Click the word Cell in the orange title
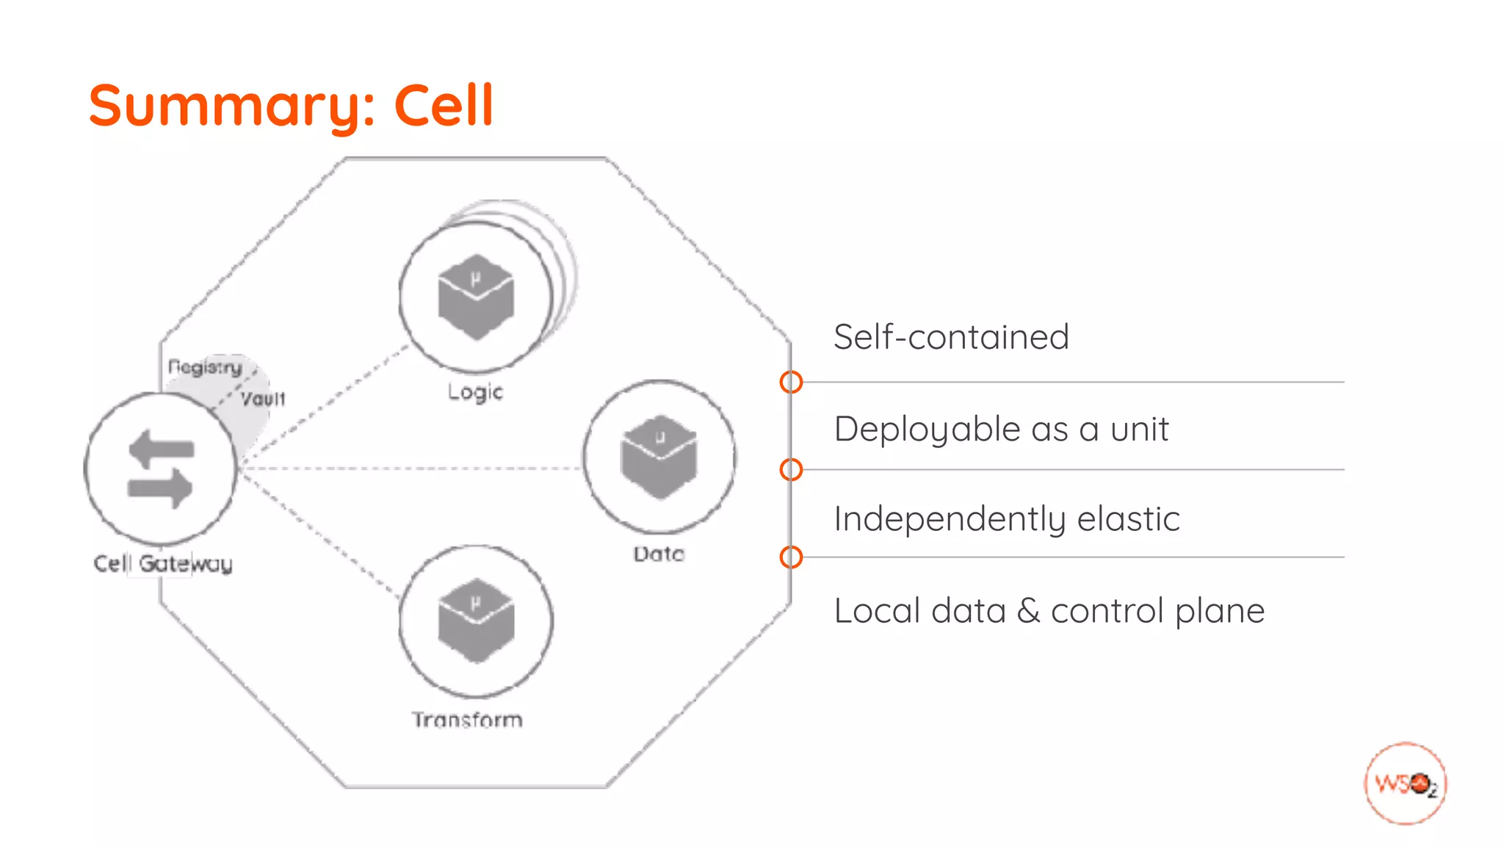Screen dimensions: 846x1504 click(x=444, y=105)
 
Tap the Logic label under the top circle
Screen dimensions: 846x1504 click(x=475, y=392)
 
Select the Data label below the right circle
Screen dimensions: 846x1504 click(x=659, y=554)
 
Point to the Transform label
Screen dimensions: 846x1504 click(x=467, y=719)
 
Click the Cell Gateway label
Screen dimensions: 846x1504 click(x=163, y=563)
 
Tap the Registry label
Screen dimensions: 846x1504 click(x=205, y=366)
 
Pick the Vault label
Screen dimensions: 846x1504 click(x=263, y=399)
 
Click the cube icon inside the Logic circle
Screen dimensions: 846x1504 click(x=476, y=297)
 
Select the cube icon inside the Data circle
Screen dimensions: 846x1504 click(x=659, y=458)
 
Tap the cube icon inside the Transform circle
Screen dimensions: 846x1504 click(x=476, y=621)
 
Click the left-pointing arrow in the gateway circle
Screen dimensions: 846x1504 click(x=161, y=447)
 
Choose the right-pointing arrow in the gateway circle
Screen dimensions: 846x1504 click(x=160, y=488)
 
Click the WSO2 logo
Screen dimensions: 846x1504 click(x=1405, y=784)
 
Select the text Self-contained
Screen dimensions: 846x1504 click(x=951, y=337)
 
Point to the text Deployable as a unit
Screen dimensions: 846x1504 click(x=1001, y=429)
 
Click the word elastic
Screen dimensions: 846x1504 click(x=1128, y=519)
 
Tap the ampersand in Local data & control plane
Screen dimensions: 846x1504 click(x=1028, y=611)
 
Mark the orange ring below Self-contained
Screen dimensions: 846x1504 click(x=791, y=382)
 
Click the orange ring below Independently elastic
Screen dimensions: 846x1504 click(x=791, y=557)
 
